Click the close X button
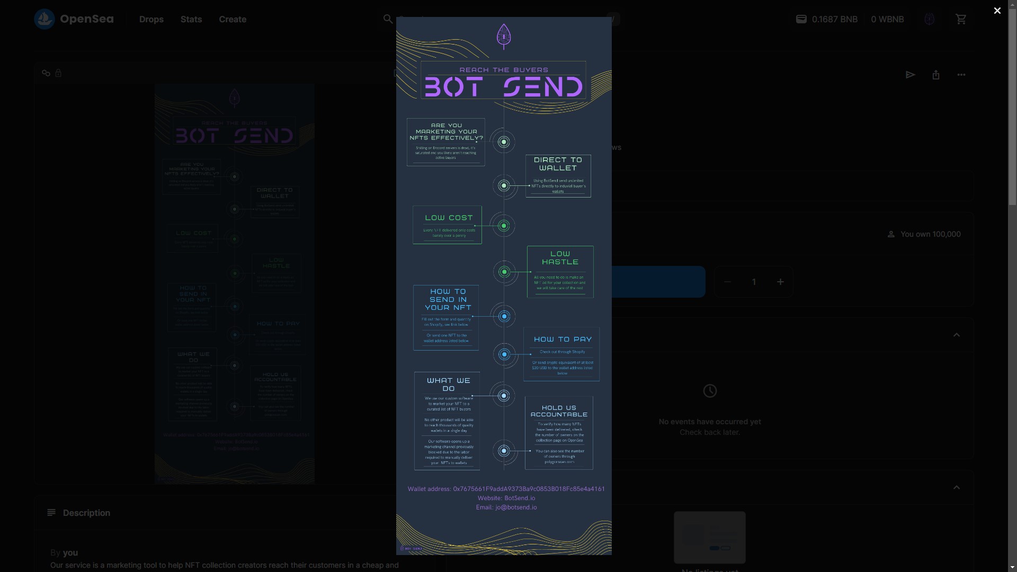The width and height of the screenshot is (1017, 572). [x=997, y=11]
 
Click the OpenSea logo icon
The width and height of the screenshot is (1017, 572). [x=44, y=19]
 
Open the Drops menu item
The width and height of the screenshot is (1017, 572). [x=151, y=19]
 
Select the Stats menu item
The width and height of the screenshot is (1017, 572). [x=191, y=19]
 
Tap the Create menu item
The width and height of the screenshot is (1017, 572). [x=233, y=19]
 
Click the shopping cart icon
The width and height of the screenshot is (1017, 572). [x=961, y=19]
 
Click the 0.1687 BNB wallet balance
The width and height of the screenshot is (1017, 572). [x=827, y=19]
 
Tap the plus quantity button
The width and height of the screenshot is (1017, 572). [x=780, y=282]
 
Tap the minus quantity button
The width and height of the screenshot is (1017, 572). [x=727, y=282]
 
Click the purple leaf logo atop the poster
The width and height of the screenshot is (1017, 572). [x=504, y=36]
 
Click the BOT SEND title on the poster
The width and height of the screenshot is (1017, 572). [x=504, y=87]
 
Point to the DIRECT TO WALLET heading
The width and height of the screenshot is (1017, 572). [x=558, y=164]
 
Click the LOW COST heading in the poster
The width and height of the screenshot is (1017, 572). [x=449, y=218]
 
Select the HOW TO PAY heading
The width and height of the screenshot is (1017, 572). [x=563, y=339]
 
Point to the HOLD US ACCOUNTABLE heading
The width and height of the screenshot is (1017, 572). [x=559, y=411]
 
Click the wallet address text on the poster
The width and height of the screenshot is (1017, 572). [x=506, y=489]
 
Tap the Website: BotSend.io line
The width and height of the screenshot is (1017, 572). [x=506, y=498]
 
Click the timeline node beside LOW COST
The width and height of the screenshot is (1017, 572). [x=504, y=226]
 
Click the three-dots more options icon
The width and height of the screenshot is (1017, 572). [x=961, y=75]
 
